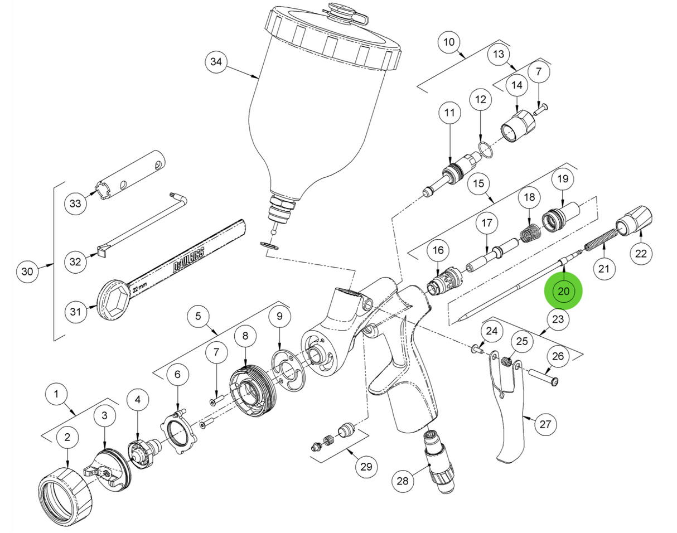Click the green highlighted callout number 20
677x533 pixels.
563,290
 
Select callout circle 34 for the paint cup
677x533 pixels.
215,62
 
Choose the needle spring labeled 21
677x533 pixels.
598,244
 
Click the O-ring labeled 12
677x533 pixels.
484,149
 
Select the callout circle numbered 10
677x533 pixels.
449,42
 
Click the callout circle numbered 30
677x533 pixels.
27,272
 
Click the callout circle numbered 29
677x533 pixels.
365,466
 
